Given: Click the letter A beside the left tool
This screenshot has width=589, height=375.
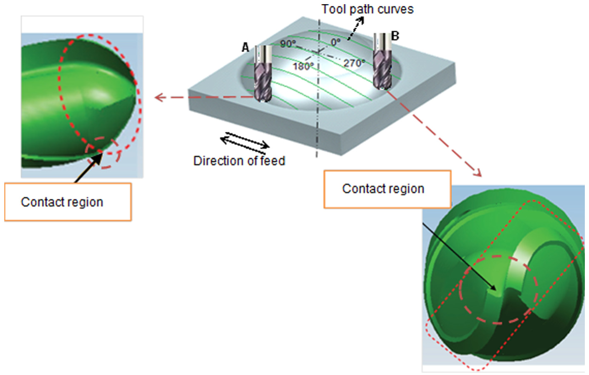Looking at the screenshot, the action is coord(245,48).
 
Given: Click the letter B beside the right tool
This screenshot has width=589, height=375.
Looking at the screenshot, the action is coord(395,36).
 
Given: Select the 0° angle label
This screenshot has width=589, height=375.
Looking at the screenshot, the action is coord(336,42).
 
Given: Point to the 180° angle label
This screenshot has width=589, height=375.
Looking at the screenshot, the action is coord(303,66).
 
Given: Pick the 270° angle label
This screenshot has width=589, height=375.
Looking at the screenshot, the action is coord(354,63).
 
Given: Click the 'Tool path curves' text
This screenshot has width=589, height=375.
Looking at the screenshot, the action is coord(368,9).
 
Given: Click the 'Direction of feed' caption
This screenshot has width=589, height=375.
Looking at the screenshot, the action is coord(239,161).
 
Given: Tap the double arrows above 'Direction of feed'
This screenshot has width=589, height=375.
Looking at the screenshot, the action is coord(245,143).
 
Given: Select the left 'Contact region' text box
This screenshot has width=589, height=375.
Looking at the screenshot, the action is coord(68,202).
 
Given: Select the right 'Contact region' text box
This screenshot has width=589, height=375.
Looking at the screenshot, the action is coord(387,189).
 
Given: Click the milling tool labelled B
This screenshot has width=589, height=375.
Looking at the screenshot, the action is coord(383,62).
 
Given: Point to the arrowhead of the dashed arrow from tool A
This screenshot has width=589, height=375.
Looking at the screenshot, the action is coord(159,98).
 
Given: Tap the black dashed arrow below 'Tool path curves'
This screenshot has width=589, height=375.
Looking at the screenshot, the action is coord(356,28).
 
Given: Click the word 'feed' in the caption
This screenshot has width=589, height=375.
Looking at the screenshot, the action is coord(273,161).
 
